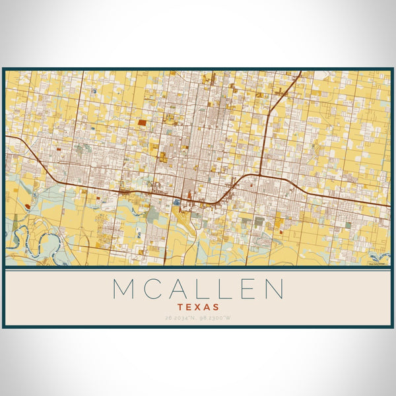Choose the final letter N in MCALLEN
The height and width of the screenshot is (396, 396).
[273, 289]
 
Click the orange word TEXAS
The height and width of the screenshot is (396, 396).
[198, 307]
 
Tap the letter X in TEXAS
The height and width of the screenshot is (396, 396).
[198, 307]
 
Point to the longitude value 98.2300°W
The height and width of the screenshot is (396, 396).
[216, 318]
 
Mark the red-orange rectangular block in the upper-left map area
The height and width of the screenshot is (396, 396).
[143, 122]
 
